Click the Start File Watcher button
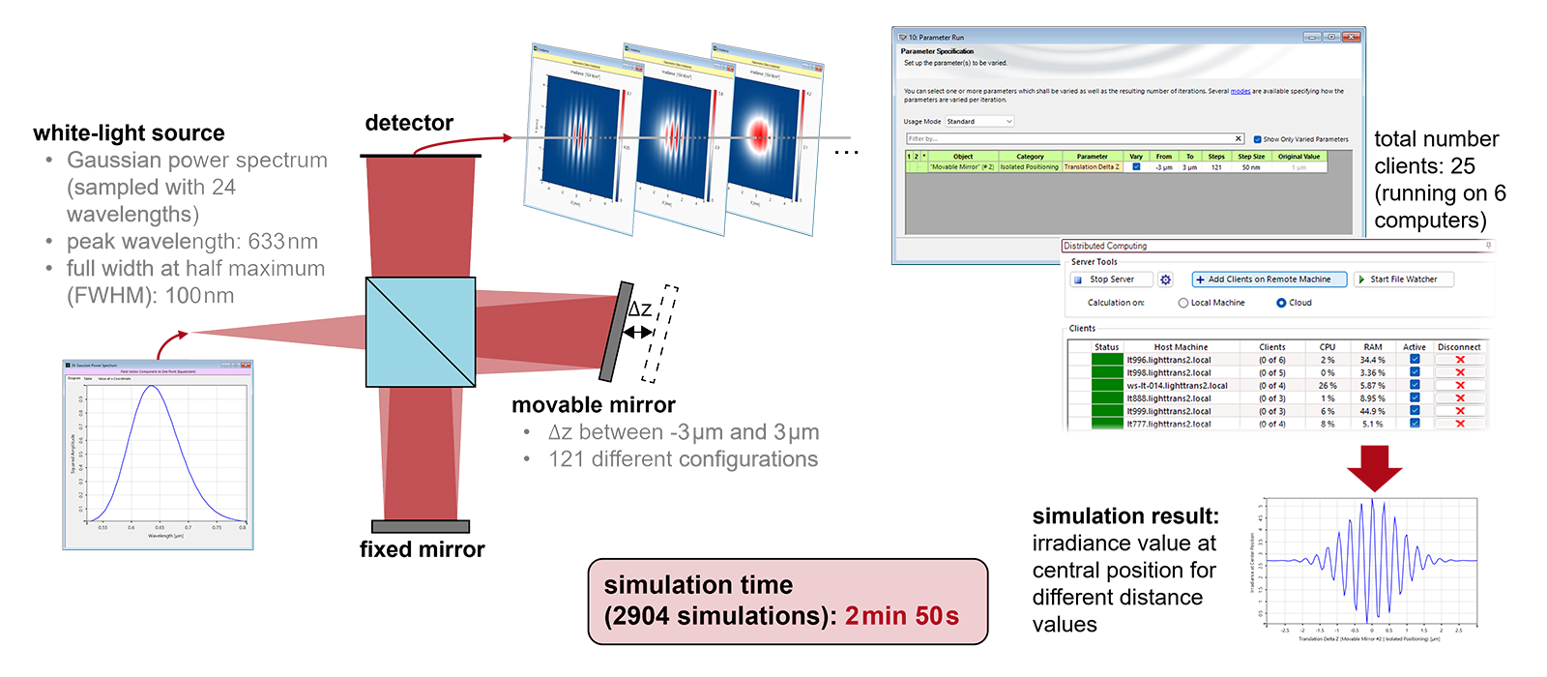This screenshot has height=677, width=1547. point(1403,280)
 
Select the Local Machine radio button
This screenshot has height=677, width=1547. point(1183,303)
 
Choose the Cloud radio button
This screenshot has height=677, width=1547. point(1281,303)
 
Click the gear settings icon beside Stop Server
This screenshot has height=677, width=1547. point(1166,280)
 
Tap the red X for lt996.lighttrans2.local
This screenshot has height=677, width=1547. point(1460,360)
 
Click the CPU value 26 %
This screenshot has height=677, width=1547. point(1328,385)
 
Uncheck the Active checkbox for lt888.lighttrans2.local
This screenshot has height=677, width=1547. point(1415,397)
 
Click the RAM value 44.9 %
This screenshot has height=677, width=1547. point(1373,411)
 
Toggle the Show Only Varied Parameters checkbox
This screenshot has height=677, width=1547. point(1257,139)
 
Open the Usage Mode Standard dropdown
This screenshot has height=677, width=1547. point(979,122)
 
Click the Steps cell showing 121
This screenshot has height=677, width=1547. point(1216,167)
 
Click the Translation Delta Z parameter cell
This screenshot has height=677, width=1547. point(1092,167)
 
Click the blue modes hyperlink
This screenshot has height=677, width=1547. point(1241,91)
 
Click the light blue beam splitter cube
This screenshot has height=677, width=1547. point(420,332)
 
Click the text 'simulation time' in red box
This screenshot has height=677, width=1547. point(698,585)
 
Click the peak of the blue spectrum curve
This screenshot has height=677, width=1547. point(152,386)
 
